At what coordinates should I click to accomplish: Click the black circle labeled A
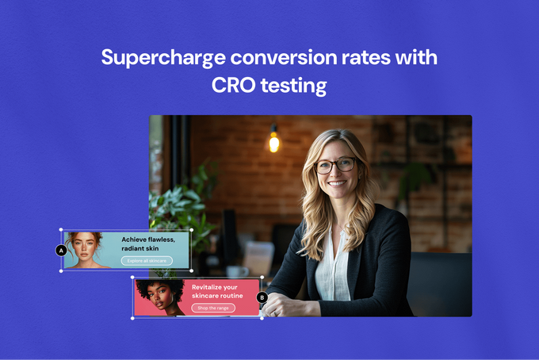point(61,251)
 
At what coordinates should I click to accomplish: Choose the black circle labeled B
point(262,298)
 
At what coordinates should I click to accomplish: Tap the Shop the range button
point(213,308)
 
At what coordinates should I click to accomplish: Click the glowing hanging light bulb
point(273,143)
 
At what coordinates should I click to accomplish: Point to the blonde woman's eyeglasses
point(335,166)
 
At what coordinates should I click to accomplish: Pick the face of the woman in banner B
point(156,295)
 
